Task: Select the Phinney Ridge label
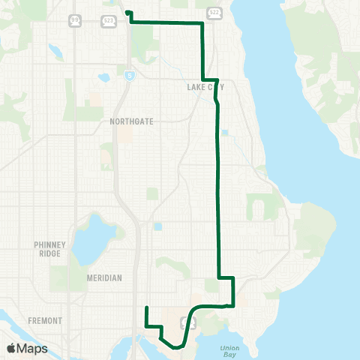[x=52, y=248]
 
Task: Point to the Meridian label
[x=105, y=277]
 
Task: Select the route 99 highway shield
[x=74, y=19]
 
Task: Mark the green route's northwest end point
[x=127, y=12]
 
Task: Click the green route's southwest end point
[x=145, y=307]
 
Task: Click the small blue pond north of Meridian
[x=157, y=226]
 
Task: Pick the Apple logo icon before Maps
[x=11, y=349]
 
